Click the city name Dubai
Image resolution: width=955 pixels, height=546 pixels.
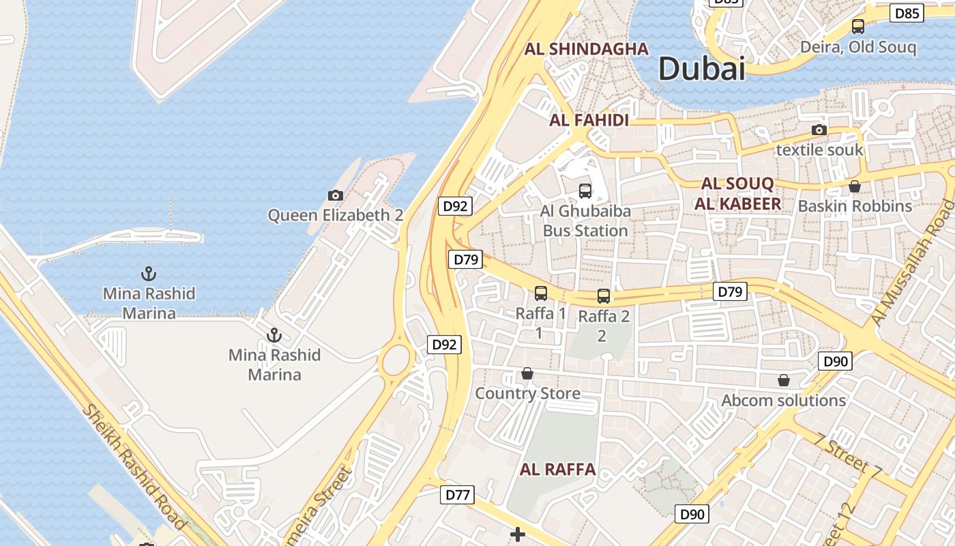(701, 69)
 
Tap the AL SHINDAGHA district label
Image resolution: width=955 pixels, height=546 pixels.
(587, 49)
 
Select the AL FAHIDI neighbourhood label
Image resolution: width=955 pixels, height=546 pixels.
(589, 121)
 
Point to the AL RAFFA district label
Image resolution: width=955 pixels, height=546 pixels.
(558, 470)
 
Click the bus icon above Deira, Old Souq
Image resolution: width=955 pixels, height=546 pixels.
(858, 27)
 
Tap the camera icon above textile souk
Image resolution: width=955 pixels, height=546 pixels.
(819, 130)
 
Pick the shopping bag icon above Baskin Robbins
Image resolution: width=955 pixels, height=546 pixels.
(855, 186)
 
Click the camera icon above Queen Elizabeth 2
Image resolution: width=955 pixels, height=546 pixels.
(335, 196)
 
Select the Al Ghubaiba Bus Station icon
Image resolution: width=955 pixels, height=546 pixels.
(585, 190)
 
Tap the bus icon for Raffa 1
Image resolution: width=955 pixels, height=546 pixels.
(541, 293)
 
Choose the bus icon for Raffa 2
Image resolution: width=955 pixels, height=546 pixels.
(604, 296)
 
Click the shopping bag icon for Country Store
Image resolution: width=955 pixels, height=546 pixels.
(527, 373)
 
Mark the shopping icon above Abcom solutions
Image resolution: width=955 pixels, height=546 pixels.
(784, 380)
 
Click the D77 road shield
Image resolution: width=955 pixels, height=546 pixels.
(456, 495)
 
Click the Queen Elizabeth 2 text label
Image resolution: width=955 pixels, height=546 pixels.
(335, 216)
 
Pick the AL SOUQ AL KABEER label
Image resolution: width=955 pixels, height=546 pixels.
(737, 194)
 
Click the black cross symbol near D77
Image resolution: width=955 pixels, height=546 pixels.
(518, 534)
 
